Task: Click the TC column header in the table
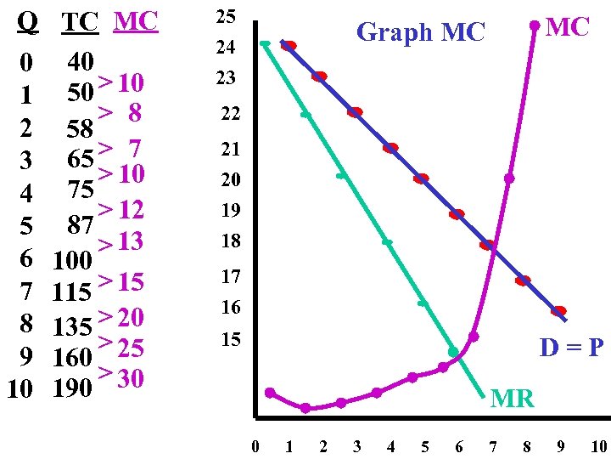pyautogui.click(x=81, y=23)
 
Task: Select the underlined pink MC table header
pyautogui.click(x=135, y=21)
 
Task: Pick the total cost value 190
pyautogui.click(x=72, y=388)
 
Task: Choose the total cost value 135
pyautogui.click(x=72, y=326)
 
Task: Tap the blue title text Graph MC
pyautogui.click(x=420, y=32)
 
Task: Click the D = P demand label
pyautogui.click(x=571, y=348)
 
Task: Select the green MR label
pyautogui.click(x=513, y=397)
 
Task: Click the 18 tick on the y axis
pyautogui.click(x=230, y=242)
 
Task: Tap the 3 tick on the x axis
pyautogui.click(x=356, y=446)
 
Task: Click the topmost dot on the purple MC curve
pyautogui.click(x=534, y=25)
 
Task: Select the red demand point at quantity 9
pyautogui.click(x=558, y=311)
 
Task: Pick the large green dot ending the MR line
pyautogui.click(x=453, y=351)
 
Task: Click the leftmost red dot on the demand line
pyautogui.click(x=289, y=46)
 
